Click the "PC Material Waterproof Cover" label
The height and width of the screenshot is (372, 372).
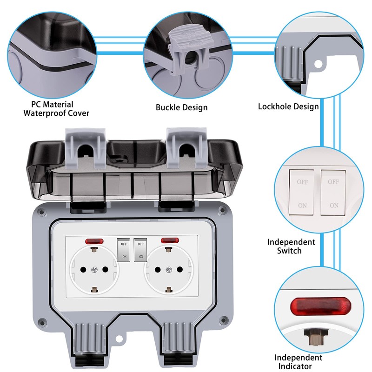(x=56, y=108)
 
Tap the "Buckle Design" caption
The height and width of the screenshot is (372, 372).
(x=181, y=107)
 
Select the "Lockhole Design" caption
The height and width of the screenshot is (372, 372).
(x=288, y=106)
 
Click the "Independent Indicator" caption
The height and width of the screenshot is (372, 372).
(x=298, y=362)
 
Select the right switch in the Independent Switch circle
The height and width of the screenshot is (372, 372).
(x=333, y=192)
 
